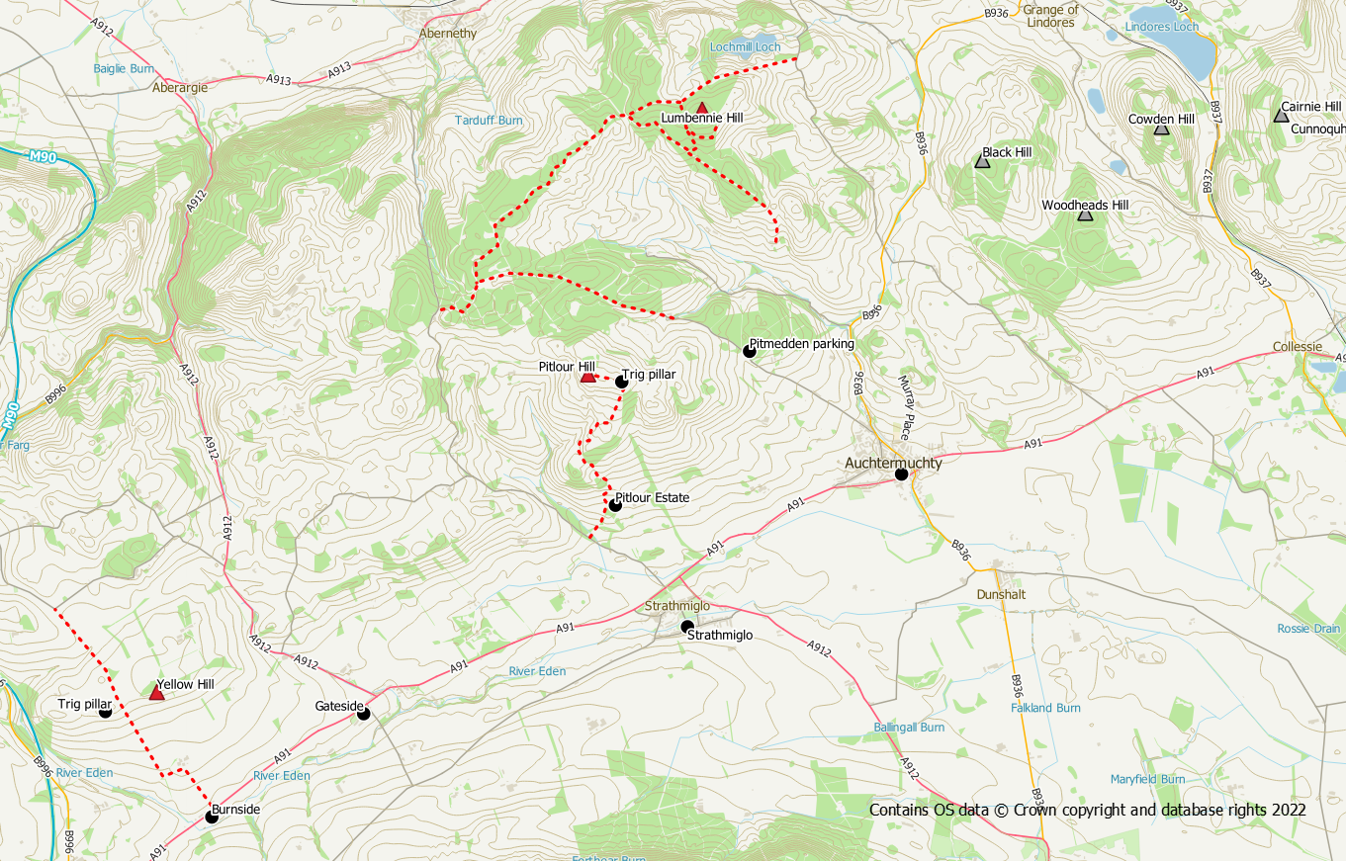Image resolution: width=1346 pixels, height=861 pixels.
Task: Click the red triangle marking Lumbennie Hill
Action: [x=702, y=108]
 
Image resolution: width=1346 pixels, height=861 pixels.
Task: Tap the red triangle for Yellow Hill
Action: [x=156, y=694]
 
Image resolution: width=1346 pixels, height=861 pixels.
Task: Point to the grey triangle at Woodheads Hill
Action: [x=1085, y=215]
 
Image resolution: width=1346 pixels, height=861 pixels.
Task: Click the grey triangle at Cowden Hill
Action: [x=1162, y=129]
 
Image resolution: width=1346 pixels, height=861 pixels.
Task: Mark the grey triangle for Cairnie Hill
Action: [x=1282, y=116]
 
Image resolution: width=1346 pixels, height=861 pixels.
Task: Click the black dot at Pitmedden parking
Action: [x=750, y=351]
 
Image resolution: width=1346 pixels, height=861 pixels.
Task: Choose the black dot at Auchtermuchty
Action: [x=902, y=474]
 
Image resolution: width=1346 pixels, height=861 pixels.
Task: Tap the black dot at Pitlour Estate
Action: [x=615, y=505]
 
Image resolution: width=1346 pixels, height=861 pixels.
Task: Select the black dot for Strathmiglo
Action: [x=687, y=627]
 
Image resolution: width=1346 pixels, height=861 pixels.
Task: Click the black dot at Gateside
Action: [x=363, y=714]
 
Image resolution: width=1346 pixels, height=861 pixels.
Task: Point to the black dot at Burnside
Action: [x=211, y=817]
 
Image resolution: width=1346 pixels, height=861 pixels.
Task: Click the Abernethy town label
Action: [x=448, y=33]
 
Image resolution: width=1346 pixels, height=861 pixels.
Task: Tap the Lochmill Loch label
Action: [x=745, y=46]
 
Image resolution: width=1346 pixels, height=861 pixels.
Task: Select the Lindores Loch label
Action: [x=1162, y=27]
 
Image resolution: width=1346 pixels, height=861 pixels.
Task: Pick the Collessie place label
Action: [x=1298, y=347]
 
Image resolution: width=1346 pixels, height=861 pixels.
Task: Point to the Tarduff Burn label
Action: [x=489, y=121]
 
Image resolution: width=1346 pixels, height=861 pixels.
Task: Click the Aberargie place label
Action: [x=180, y=87]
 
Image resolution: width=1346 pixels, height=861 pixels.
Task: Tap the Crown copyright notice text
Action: [x=1088, y=810]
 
